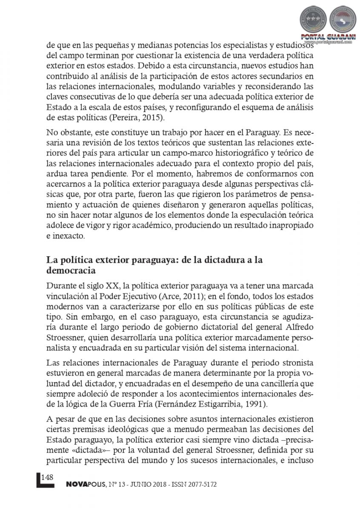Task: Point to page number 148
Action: point(47,477)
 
